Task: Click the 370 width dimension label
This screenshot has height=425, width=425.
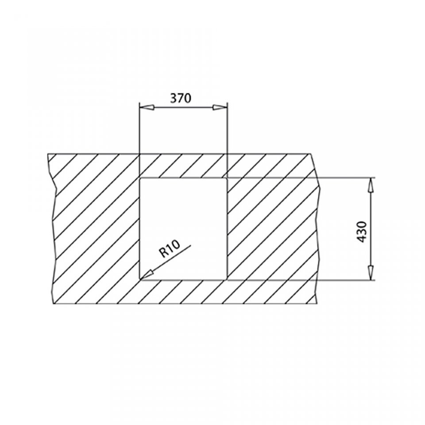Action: click(181, 98)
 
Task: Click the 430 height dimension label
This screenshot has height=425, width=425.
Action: click(362, 232)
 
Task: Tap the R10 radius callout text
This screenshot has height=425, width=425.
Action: click(170, 249)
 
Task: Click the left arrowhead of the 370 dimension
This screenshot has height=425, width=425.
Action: click(147, 108)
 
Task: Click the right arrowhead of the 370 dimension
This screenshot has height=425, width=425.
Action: click(220, 108)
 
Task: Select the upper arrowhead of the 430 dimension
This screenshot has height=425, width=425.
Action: click(371, 185)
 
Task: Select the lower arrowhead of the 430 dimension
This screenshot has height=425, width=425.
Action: click(371, 272)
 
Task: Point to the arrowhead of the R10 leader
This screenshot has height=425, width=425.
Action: click(147, 274)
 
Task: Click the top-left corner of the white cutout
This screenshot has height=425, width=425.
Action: click(139, 178)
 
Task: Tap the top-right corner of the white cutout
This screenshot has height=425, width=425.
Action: click(227, 178)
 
